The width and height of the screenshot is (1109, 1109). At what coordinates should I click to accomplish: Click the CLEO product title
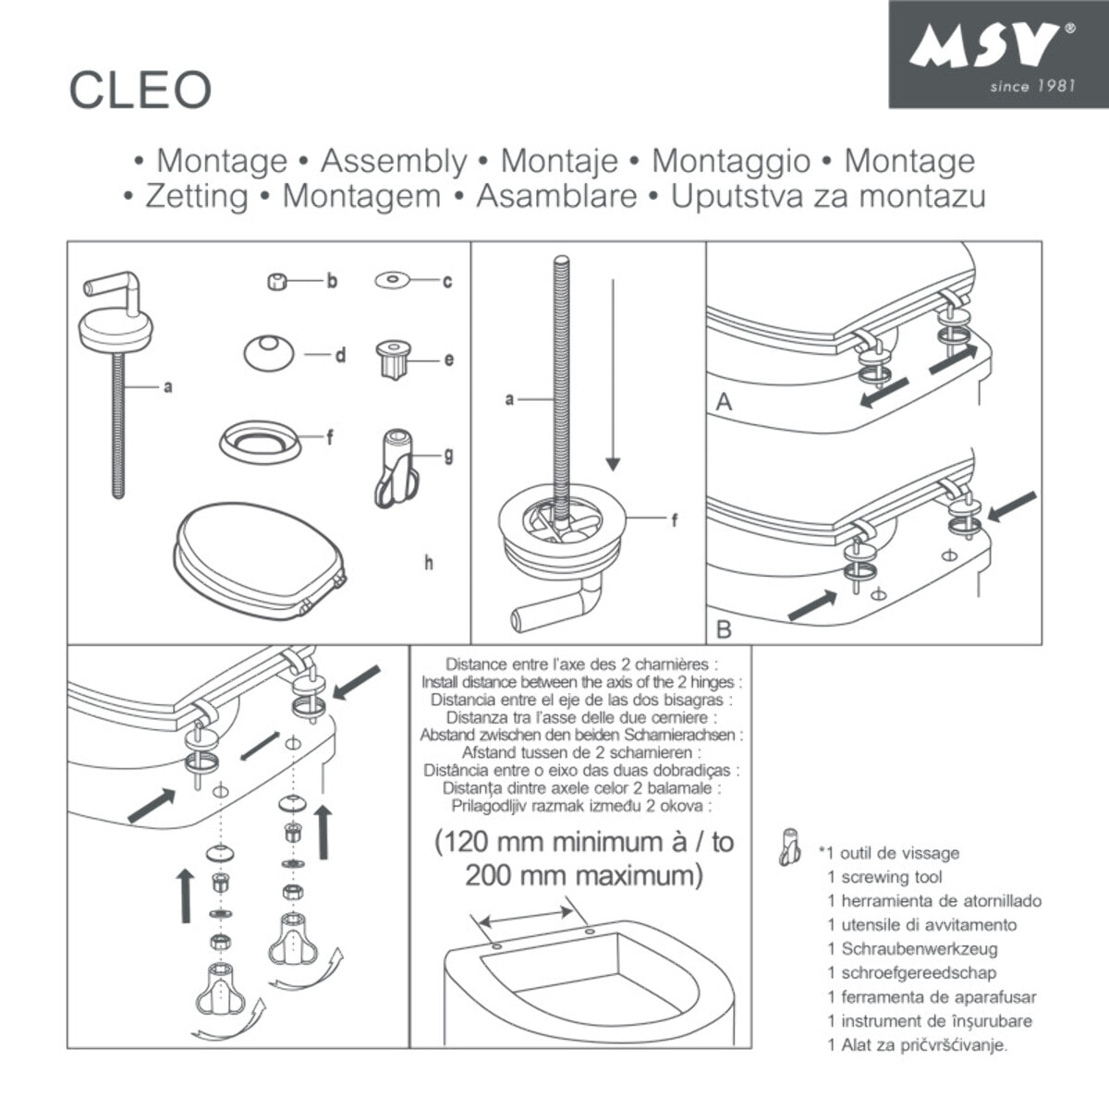(x=140, y=90)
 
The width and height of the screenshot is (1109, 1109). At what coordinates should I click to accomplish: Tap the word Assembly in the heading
(x=394, y=161)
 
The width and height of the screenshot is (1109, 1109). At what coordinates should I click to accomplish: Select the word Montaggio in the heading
(x=731, y=161)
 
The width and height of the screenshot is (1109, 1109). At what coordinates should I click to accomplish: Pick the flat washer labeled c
(x=393, y=279)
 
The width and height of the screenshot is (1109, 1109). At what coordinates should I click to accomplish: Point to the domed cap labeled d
(x=268, y=352)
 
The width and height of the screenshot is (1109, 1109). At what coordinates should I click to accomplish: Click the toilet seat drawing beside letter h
(x=259, y=559)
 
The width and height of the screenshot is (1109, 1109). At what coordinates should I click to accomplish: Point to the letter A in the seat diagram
(x=725, y=402)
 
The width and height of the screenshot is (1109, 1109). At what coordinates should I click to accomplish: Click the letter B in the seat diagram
(x=725, y=629)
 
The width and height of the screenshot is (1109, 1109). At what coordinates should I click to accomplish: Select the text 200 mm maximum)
(x=583, y=875)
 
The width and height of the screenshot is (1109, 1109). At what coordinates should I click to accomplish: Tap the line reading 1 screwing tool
(x=884, y=877)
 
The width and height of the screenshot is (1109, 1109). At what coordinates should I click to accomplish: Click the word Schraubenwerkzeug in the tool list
(x=919, y=949)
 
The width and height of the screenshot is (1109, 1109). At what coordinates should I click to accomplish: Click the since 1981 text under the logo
(x=1031, y=86)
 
